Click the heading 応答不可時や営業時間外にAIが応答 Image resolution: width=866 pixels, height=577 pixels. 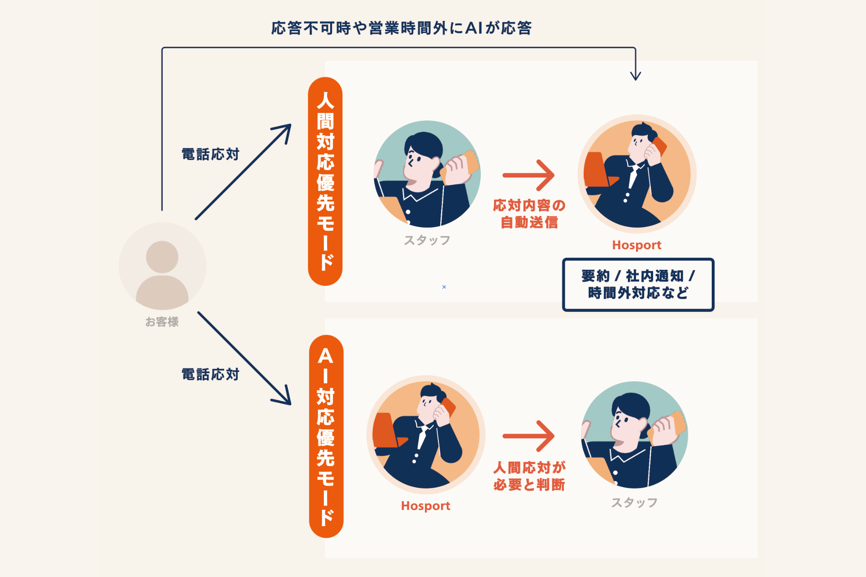(401, 28)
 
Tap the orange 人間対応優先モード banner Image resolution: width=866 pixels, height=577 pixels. (325, 181)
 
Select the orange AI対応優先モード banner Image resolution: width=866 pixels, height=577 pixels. (326, 436)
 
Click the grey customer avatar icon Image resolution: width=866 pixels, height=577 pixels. (162, 266)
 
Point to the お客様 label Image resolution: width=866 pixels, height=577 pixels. (162, 322)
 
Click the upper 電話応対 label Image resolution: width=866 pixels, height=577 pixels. (210, 154)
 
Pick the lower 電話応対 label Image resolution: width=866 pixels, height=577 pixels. (210, 374)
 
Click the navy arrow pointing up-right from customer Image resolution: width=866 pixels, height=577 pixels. (243, 172)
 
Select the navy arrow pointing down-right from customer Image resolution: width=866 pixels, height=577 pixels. (244, 358)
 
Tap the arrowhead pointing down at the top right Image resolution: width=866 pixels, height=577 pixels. (636, 74)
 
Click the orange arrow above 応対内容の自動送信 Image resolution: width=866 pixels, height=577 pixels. (528, 175)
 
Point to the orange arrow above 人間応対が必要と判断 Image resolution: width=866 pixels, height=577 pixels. (528, 435)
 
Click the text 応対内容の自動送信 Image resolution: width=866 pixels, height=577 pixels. (529, 214)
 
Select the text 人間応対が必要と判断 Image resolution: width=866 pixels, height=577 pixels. (529, 476)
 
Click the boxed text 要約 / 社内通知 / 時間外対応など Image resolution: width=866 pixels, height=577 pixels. (638, 284)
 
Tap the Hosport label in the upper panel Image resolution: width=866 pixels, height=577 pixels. (636, 245)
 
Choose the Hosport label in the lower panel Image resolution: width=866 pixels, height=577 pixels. (425, 506)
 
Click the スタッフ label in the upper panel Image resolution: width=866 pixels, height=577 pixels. (427, 240)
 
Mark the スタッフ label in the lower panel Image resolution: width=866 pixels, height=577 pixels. (634, 502)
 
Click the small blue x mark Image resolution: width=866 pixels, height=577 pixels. (444, 287)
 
